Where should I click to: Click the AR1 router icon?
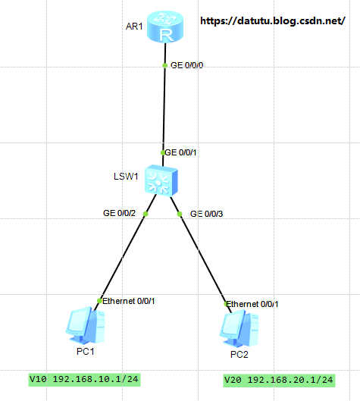pos(165,27)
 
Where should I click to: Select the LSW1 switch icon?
pos(161,181)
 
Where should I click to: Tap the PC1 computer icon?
pos(86,324)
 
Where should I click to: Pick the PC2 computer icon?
pos(239,328)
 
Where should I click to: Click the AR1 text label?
pos(134,27)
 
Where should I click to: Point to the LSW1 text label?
pos(126,176)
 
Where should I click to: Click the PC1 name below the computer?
pos(86,352)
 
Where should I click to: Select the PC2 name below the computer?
pos(239,355)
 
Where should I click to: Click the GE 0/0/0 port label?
pos(186,65)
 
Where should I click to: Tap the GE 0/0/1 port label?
pos(180,152)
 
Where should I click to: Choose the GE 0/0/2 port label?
pos(119,213)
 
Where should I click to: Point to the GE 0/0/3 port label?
pos(207,214)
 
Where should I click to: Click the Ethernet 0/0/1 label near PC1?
pos(129,301)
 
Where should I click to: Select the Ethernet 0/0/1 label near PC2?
pos(252,304)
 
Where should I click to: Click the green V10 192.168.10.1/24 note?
pos(84,380)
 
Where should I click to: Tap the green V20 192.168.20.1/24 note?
pos(279,381)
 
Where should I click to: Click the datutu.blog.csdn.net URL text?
pos(273,21)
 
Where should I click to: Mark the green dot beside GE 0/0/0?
pos(165,65)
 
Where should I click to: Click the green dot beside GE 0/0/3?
pos(180,214)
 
